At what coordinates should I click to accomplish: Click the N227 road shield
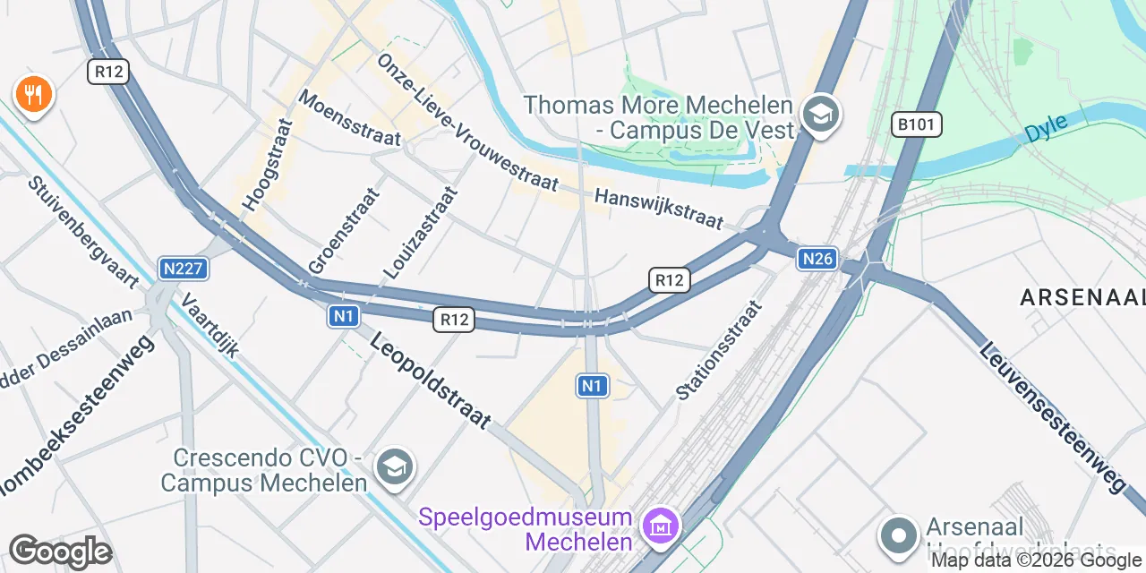pos(184,268)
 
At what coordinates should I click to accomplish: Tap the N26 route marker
pos(818,259)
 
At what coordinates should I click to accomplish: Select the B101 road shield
pos(917,124)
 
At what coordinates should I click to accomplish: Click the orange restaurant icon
pos(34,93)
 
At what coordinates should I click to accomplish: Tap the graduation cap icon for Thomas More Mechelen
pos(820,115)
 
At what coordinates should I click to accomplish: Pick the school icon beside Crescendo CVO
pos(395,466)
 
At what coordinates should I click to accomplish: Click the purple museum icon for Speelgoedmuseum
pos(662,526)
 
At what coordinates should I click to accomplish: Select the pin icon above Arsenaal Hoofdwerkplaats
pos(899,535)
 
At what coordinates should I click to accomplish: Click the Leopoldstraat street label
pos(431,381)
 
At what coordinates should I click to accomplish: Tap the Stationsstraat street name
pos(718,350)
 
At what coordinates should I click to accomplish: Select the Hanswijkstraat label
pos(658,208)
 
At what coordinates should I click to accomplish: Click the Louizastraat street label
pos(420,232)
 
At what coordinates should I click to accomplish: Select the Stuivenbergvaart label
pos(82,232)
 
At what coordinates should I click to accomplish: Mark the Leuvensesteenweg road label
pos(1052,417)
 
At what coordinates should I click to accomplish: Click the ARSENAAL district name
pos(1082,298)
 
